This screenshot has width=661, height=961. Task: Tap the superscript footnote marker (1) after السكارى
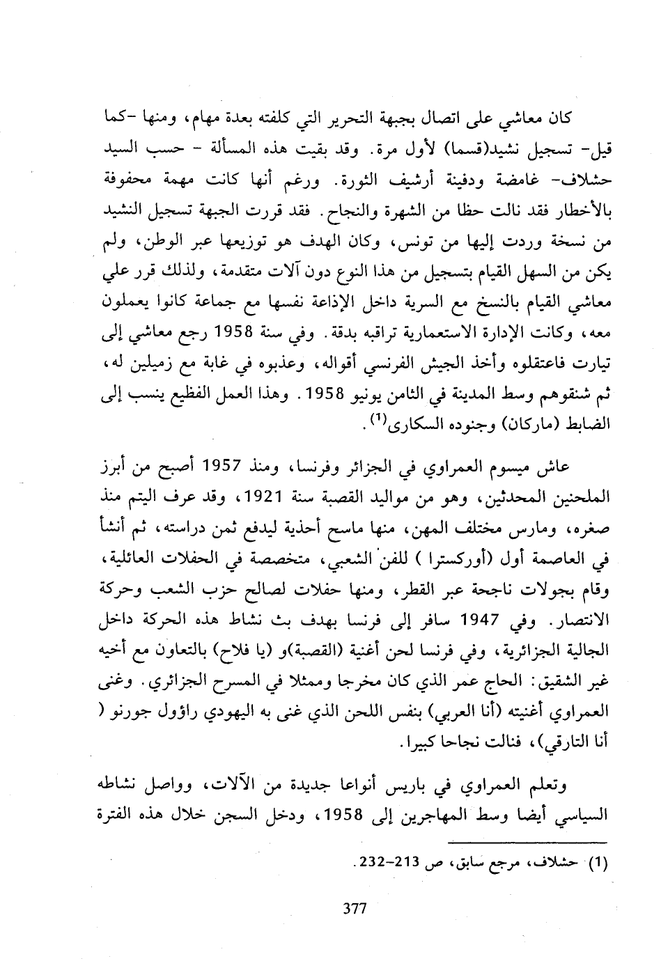(x=378, y=419)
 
